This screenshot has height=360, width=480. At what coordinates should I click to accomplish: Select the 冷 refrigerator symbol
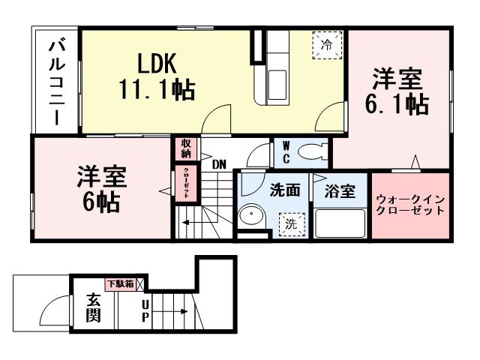pos(326,45)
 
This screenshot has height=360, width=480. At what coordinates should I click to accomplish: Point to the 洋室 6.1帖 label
pos(397,92)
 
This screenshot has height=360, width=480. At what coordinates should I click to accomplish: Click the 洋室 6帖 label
pos(100,190)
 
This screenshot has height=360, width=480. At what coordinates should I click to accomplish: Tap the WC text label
pos(286,153)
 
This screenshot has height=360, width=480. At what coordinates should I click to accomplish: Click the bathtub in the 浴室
pos(340,223)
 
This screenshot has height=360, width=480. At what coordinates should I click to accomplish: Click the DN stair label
pos(219,163)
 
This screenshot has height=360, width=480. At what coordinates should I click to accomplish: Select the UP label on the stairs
pos(145,310)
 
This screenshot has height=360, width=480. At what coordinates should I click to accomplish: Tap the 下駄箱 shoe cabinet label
pos(120,283)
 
